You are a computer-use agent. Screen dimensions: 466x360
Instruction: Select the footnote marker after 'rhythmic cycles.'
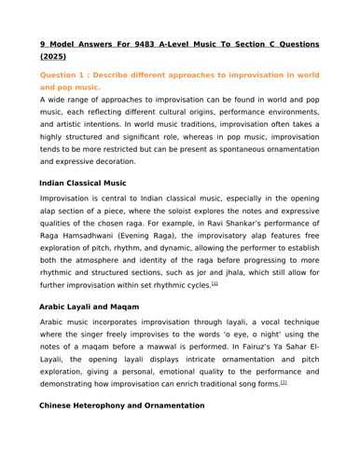tap(215, 283)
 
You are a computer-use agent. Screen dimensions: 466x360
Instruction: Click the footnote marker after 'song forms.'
tap(284, 381)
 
